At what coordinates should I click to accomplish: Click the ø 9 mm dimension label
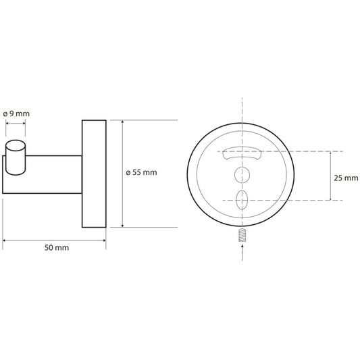16,113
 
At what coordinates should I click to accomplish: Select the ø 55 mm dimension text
141,172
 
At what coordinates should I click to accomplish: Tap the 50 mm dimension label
57,248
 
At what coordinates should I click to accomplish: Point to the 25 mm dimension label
346,178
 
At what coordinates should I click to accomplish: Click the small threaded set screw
242,235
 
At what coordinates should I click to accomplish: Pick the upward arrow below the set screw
242,253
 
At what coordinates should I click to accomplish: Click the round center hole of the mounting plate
242,175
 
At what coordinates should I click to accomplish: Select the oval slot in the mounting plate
242,200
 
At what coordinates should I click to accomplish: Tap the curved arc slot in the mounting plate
242,153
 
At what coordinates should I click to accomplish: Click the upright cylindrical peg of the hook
16,157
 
